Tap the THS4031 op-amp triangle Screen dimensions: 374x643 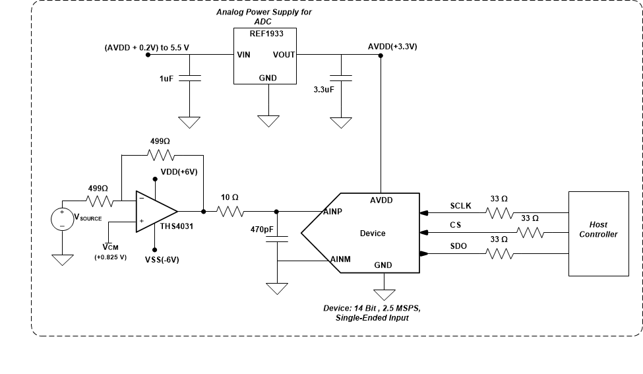coord(154,212)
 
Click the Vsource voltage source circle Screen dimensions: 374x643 coord(63,220)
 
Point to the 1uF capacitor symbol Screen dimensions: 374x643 coord(190,78)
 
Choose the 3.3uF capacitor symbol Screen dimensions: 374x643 coord(341,78)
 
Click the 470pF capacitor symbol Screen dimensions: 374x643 coord(276,239)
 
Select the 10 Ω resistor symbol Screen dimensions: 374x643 coord(231,212)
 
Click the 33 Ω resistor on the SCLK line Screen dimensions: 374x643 coord(499,212)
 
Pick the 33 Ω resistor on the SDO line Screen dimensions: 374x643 coord(499,254)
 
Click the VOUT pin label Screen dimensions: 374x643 coord(284,55)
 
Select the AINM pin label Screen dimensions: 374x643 coord(340,259)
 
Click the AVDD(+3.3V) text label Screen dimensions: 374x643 coord(392,46)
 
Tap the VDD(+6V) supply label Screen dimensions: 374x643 coord(179,171)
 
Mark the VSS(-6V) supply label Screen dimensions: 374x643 coord(162,260)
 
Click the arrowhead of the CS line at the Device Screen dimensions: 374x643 coord(423,233)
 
